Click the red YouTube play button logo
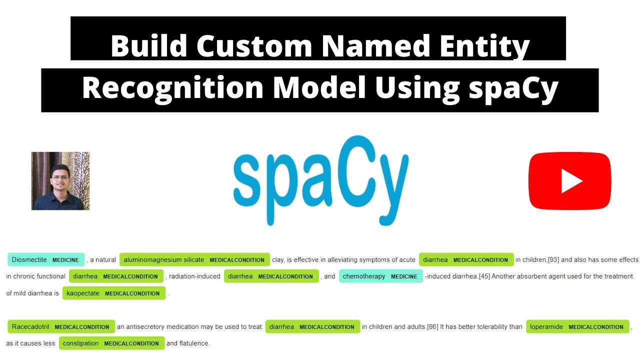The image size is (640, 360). pyautogui.click(x=569, y=180)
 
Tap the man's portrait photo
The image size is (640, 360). pyautogui.click(x=60, y=180)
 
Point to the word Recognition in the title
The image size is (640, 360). pyautogui.click(x=172, y=88)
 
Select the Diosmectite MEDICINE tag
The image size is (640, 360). pyautogui.click(x=46, y=259)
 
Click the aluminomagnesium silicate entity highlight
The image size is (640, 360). pyautogui.click(x=194, y=259)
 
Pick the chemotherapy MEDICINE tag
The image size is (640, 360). pyautogui.click(x=380, y=276)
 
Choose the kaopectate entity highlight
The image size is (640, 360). pyautogui.click(x=113, y=293)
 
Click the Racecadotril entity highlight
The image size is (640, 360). pyautogui.click(x=61, y=326)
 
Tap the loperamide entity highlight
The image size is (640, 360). pyautogui.click(x=577, y=326)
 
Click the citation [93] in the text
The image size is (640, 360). pyautogui.click(x=553, y=259)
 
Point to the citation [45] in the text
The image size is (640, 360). pyautogui.click(x=484, y=276)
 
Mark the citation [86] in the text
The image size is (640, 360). pyautogui.click(x=432, y=326)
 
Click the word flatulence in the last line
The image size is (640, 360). pyautogui.click(x=194, y=343)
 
